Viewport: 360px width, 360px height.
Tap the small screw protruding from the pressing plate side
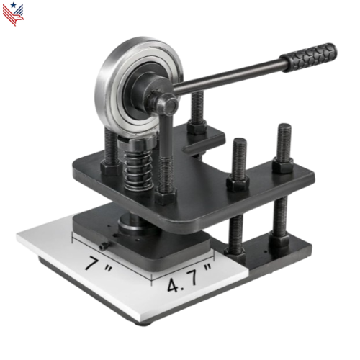105,246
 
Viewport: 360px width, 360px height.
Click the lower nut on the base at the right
279,241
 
